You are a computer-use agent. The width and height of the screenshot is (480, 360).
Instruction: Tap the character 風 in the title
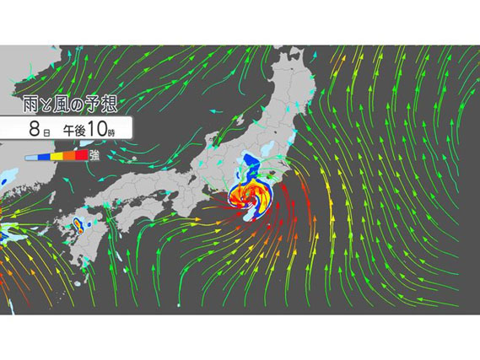tap(69, 105)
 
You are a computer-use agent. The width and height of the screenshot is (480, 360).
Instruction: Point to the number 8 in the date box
tap(32, 132)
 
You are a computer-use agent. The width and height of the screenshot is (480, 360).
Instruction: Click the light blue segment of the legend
tap(30, 156)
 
